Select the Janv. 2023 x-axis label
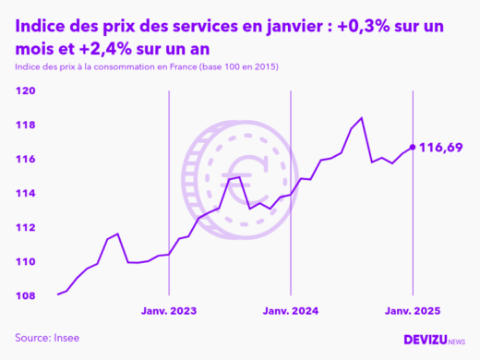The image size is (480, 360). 169,311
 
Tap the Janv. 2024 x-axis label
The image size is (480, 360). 290,311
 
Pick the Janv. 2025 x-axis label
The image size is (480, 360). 412,311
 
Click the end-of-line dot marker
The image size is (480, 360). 412,147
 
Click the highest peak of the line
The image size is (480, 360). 361,118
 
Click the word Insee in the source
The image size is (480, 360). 65,338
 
